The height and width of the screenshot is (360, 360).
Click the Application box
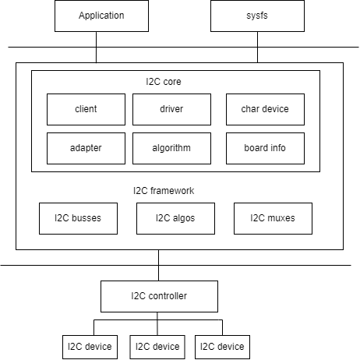tap(101, 16)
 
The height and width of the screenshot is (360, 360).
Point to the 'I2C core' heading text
tap(164, 81)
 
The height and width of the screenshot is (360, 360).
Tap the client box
tap(86, 109)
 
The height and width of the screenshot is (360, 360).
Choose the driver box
tap(171, 109)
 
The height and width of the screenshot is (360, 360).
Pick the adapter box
tap(86, 148)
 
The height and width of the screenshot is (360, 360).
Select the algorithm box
tap(171, 148)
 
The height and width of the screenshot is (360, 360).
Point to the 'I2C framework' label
tap(164, 190)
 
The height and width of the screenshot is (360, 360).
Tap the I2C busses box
tap(78, 218)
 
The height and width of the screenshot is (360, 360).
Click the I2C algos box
tap(175, 218)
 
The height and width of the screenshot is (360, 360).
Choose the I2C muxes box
tap(273, 218)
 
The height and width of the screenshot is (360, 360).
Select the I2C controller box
tap(159, 296)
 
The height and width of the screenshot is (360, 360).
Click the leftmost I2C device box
tap(90, 347)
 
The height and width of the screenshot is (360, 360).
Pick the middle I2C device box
tap(156, 347)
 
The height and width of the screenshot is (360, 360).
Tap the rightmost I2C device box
tap(222, 347)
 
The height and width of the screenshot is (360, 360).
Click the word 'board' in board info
tap(256, 148)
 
